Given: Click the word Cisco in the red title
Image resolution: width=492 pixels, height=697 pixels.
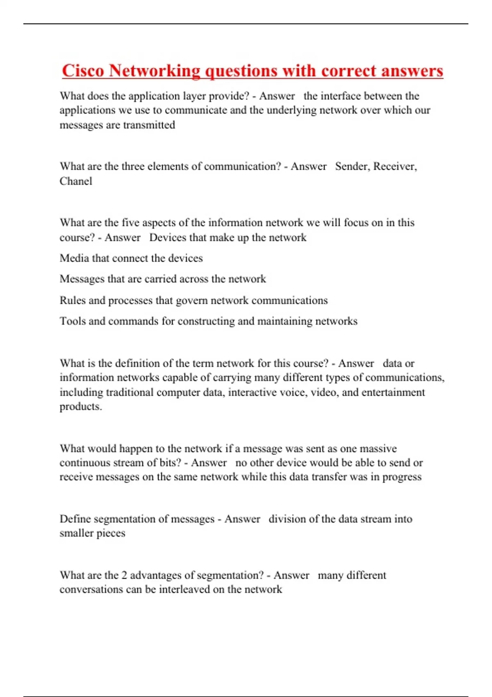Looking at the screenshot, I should (83, 71).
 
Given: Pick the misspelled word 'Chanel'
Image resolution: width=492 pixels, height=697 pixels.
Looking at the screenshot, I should (76, 181).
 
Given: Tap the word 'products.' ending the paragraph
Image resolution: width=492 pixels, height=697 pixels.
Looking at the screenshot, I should (81, 407).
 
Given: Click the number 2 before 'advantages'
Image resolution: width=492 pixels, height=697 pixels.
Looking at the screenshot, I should (124, 575).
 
